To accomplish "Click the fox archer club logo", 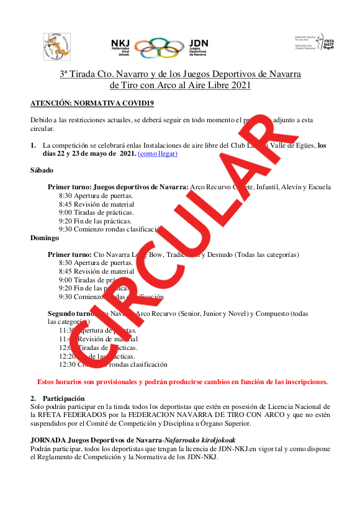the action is pyautogui.click(x=56, y=47).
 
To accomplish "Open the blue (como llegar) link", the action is pyautogui.click(x=158, y=153).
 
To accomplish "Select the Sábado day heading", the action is pyautogui.click(x=42, y=170).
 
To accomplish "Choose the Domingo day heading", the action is pyautogui.click(x=45, y=238).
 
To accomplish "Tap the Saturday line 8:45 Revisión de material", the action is pyautogui.click(x=96, y=204).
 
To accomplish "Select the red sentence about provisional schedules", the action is pyautogui.click(x=182, y=382).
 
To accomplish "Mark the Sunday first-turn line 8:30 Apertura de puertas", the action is pyautogui.click(x=96, y=263).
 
